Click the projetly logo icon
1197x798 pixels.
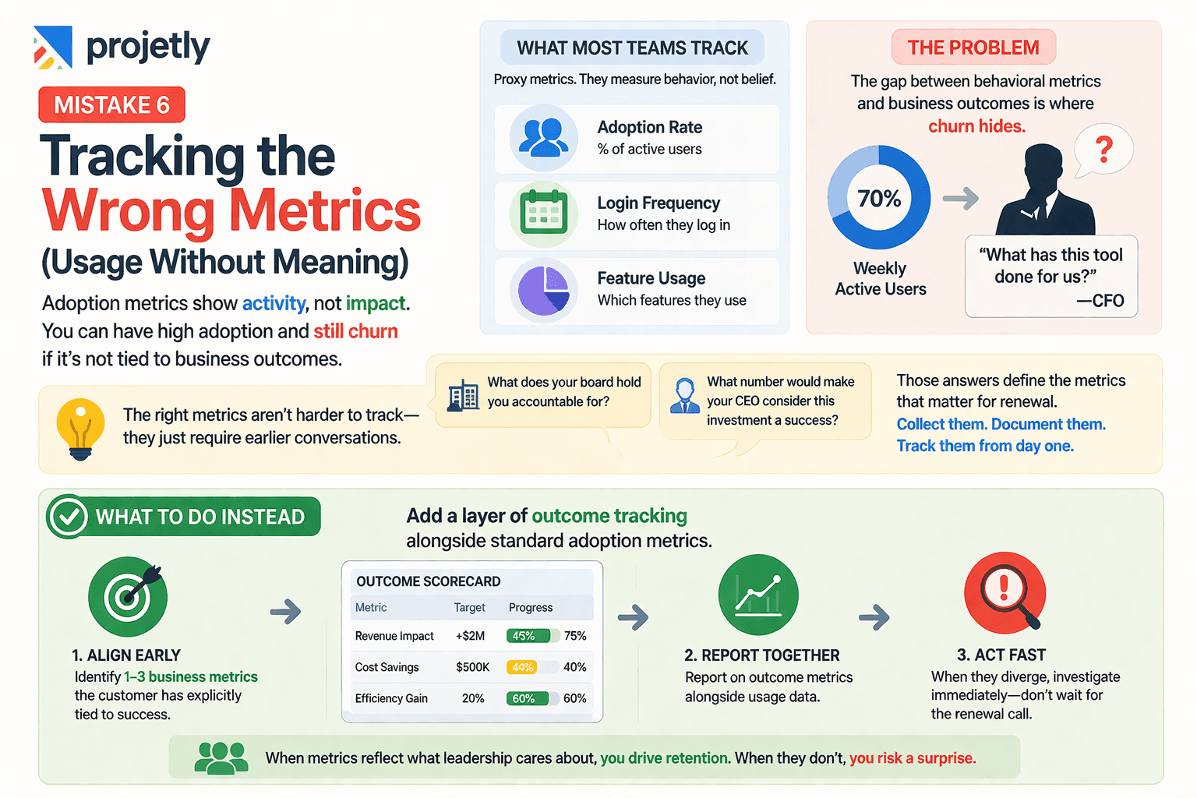[x=53, y=47]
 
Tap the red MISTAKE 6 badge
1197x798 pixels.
[x=111, y=104]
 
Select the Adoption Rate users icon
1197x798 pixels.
[x=543, y=137]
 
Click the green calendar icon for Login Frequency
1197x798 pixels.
[x=543, y=213]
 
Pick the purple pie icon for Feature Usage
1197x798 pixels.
[x=543, y=290]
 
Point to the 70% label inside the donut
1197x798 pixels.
[x=879, y=199]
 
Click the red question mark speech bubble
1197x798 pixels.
[x=1103, y=149]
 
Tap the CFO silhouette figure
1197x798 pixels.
[x=1046, y=192]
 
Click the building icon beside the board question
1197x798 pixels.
[x=463, y=395]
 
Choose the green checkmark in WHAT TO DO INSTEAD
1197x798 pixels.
[x=68, y=517]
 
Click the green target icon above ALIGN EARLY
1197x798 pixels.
[x=128, y=597]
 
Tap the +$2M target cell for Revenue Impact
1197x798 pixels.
[x=471, y=636]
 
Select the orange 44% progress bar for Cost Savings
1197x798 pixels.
[x=522, y=667]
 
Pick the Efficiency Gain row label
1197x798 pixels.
[x=391, y=698]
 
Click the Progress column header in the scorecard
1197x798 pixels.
[x=531, y=607]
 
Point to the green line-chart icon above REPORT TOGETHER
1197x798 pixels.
[x=758, y=595]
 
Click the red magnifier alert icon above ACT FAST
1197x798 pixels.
[x=1005, y=595]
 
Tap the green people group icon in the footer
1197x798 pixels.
[x=221, y=757]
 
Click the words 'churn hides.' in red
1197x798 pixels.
[x=976, y=126]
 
